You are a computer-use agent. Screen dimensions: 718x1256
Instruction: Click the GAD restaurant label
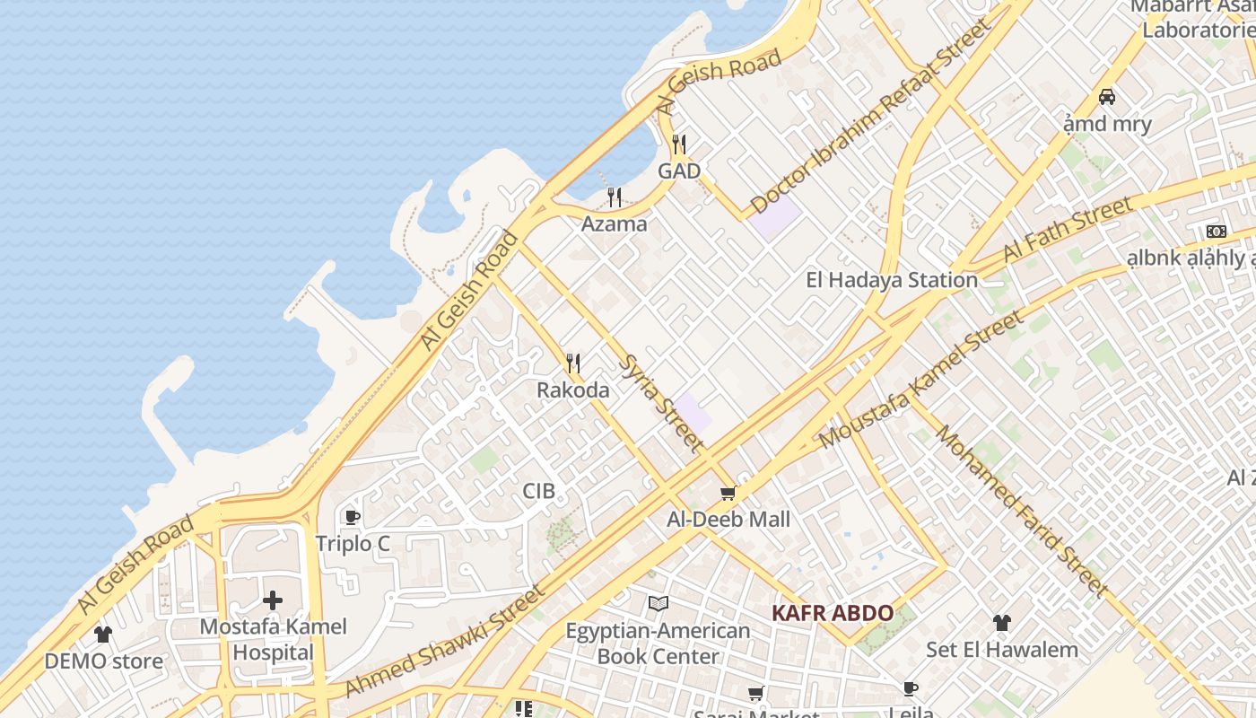click(x=679, y=171)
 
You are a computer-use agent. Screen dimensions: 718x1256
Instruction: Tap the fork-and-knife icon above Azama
click(x=615, y=197)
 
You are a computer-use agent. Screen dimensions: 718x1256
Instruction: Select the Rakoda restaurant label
click(x=573, y=390)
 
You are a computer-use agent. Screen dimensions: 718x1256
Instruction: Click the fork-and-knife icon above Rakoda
click(x=573, y=363)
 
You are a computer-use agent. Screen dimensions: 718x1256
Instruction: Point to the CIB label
click(x=539, y=491)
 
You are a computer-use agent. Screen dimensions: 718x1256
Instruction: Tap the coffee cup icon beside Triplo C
click(x=353, y=517)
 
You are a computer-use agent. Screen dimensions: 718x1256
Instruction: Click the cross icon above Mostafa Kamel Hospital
click(x=273, y=600)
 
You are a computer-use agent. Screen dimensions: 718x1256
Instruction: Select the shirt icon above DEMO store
click(x=103, y=635)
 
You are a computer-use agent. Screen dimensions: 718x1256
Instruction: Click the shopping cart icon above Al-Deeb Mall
click(x=728, y=493)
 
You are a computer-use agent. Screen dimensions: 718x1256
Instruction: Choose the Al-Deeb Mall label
click(x=728, y=520)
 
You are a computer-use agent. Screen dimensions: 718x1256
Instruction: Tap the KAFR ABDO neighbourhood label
click(x=833, y=614)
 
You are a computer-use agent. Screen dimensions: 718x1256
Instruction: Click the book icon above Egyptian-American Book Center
click(x=659, y=603)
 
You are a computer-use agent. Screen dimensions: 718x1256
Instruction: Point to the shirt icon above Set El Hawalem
click(x=1002, y=622)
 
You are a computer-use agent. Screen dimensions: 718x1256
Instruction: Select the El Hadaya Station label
click(x=892, y=280)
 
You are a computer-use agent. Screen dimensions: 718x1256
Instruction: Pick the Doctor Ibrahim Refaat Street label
click(x=870, y=116)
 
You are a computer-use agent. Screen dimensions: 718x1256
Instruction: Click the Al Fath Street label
click(x=1068, y=230)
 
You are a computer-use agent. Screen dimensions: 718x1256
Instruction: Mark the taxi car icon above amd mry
click(x=1107, y=96)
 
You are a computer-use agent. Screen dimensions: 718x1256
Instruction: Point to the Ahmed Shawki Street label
click(x=444, y=641)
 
